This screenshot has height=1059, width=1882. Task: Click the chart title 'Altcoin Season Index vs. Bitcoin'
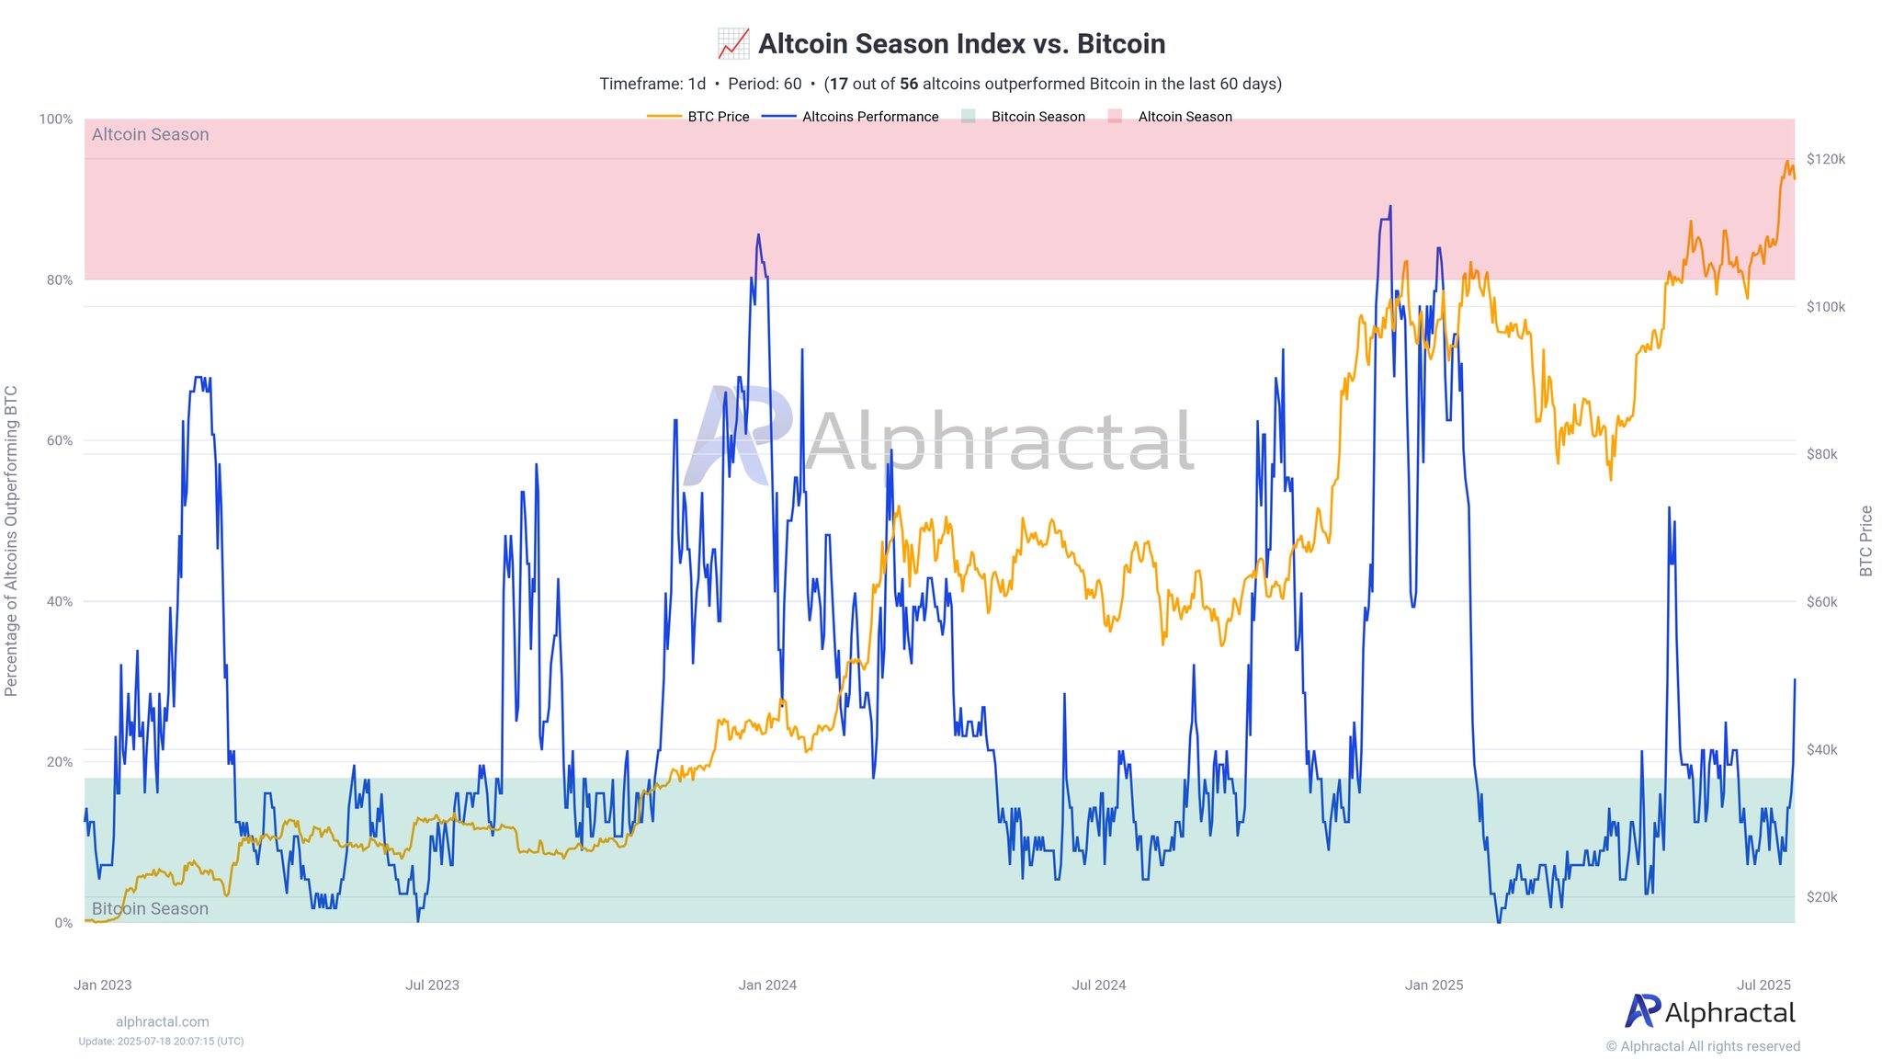[x=961, y=44]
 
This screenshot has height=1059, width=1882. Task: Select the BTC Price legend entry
[x=718, y=117]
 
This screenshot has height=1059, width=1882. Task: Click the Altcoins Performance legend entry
[x=869, y=117]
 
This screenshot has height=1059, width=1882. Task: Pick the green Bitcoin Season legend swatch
[x=968, y=117]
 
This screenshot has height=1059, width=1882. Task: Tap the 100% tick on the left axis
[x=56, y=120]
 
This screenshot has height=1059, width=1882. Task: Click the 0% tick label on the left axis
[x=62, y=923]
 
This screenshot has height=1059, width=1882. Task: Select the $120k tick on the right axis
[x=1825, y=159]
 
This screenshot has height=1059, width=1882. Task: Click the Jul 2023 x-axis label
[x=432, y=985]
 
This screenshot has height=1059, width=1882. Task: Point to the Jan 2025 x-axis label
[x=1434, y=985]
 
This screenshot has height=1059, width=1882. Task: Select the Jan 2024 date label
[x=767, y=985]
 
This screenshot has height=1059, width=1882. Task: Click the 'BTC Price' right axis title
[x=1865, y=541]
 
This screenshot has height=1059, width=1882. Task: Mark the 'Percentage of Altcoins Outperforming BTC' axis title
[x=11, y=541]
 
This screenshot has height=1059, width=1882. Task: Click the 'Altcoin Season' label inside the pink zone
[x=151, y=135]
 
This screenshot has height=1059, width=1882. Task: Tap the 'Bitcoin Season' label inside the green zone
[x=151, y=908]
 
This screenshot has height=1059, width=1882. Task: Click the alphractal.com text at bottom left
[x=163, y=1021]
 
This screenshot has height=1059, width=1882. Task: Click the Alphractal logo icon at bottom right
[x=1642, y=1011]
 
